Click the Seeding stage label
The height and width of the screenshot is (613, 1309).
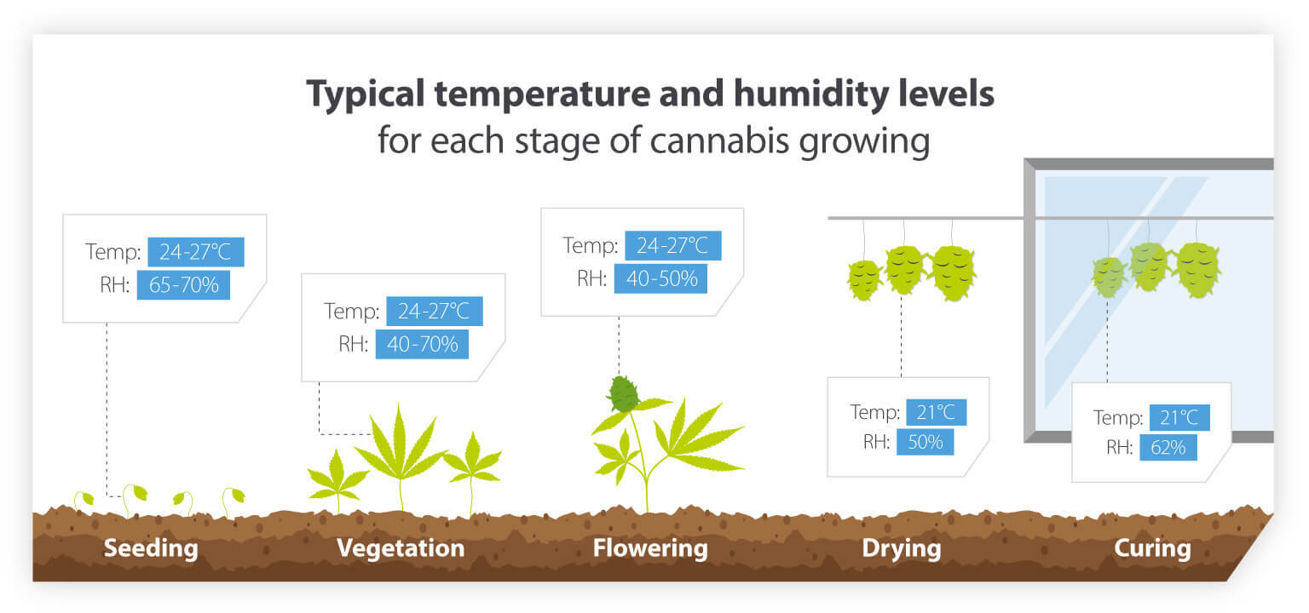point(151,547)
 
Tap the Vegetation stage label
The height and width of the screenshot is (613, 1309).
point(401,547)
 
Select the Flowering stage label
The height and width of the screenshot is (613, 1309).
point(650,547)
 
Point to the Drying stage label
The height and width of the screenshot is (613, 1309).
point(902,547)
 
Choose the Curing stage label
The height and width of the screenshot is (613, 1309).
point(1152,547)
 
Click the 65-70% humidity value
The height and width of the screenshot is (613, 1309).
point(183,285)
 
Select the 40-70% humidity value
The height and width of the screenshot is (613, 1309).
point(422,344)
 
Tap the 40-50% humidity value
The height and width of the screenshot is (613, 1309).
point(660,278)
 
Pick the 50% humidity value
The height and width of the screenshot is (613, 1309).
point(925,442)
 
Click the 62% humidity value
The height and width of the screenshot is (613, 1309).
point(1168,446)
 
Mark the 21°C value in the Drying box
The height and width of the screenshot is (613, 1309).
point(936,413)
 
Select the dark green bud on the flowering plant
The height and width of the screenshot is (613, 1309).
point(623,393)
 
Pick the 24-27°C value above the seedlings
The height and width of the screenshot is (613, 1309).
point(196,253)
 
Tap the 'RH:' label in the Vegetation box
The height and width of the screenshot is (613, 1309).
point(353,344)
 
